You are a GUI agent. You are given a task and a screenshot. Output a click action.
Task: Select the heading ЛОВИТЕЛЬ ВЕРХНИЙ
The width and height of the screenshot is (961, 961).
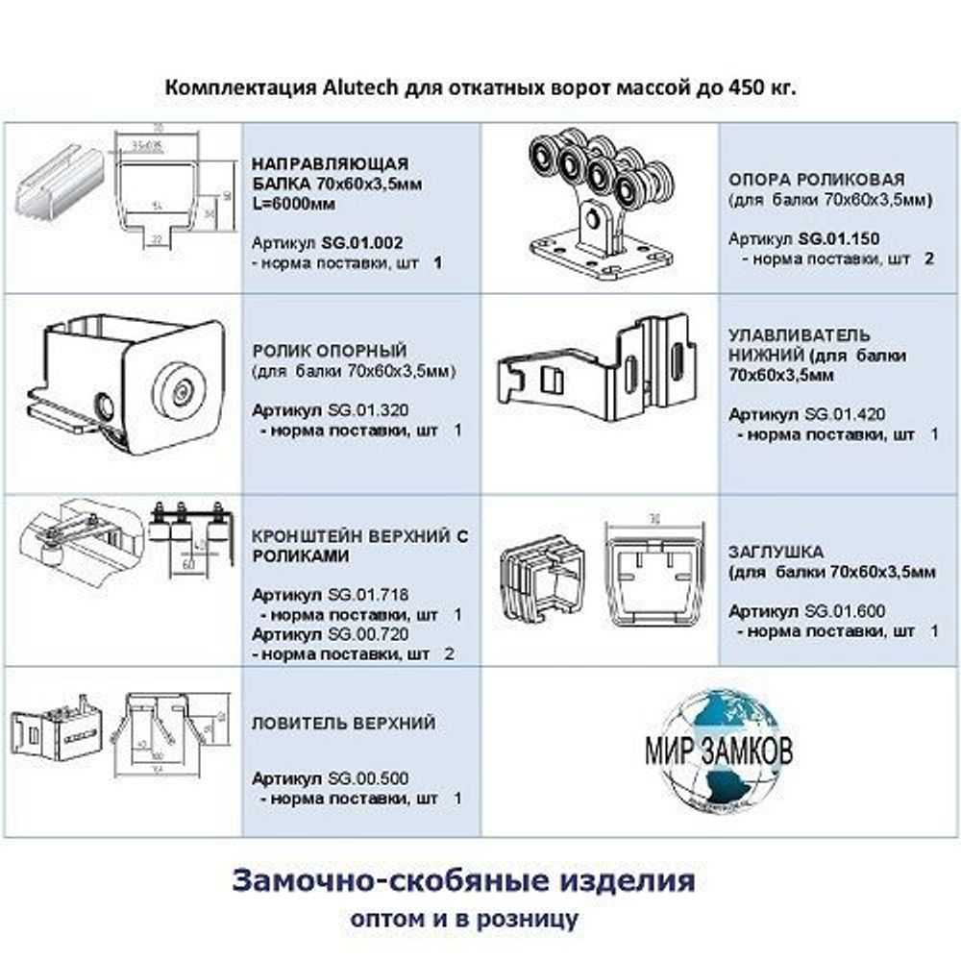(x=343, y=723)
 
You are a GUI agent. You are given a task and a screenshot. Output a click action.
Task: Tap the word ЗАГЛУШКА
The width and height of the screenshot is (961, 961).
(x=775, y=553)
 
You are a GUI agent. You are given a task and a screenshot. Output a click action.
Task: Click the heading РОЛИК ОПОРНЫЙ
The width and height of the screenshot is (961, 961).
(x=328, y=351)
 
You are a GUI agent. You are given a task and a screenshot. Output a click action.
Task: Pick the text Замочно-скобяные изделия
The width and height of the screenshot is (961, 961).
(x=463, y=880)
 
